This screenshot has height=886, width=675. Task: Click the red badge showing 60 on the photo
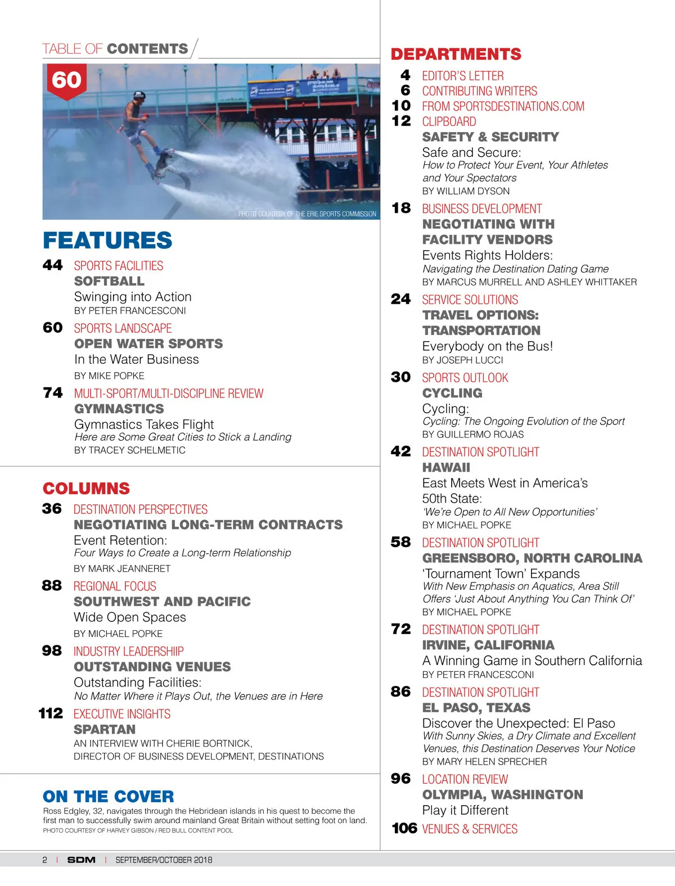click(66, 80)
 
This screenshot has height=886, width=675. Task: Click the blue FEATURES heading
click(107, 240)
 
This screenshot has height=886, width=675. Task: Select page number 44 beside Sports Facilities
click(53, 265)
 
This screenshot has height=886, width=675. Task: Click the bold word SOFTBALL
click(109, 281)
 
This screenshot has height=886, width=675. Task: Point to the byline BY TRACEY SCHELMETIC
click(130, 450)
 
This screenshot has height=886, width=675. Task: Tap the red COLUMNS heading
click(86, 488)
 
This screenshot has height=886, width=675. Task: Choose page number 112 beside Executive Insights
click(51, 713)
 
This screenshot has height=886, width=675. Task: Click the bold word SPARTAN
click(105, 729)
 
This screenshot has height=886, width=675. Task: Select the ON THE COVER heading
click(109, 796)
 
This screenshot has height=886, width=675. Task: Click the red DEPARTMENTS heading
click(456, 54)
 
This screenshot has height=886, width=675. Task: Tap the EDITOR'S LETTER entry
click(463, 76)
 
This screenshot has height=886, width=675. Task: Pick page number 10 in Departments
click(401, 106)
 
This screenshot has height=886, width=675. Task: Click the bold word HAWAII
click(446, 467)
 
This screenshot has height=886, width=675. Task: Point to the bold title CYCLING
click(452, 393)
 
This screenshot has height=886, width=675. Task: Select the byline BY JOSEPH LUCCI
click(462, 360)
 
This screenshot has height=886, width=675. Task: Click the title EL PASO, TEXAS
click(476, 707)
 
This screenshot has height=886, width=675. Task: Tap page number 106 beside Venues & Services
click(404, 828)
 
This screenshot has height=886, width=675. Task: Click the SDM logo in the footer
click(82, 860)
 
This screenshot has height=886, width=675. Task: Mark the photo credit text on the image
click(307, 214)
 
